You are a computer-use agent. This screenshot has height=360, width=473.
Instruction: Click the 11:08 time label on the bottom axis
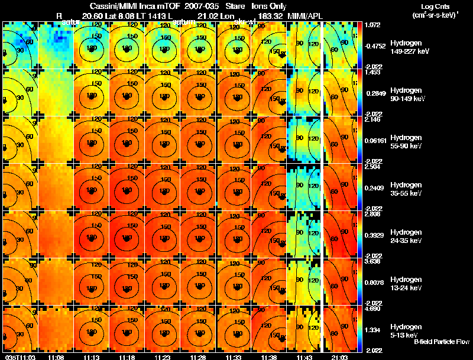56,357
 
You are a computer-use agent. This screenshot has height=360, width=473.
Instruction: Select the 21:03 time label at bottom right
339,357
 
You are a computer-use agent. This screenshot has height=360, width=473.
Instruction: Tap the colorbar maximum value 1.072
373,25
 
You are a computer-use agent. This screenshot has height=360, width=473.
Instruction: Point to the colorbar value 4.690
373,309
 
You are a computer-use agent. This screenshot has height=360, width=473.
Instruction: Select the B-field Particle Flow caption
442,342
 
